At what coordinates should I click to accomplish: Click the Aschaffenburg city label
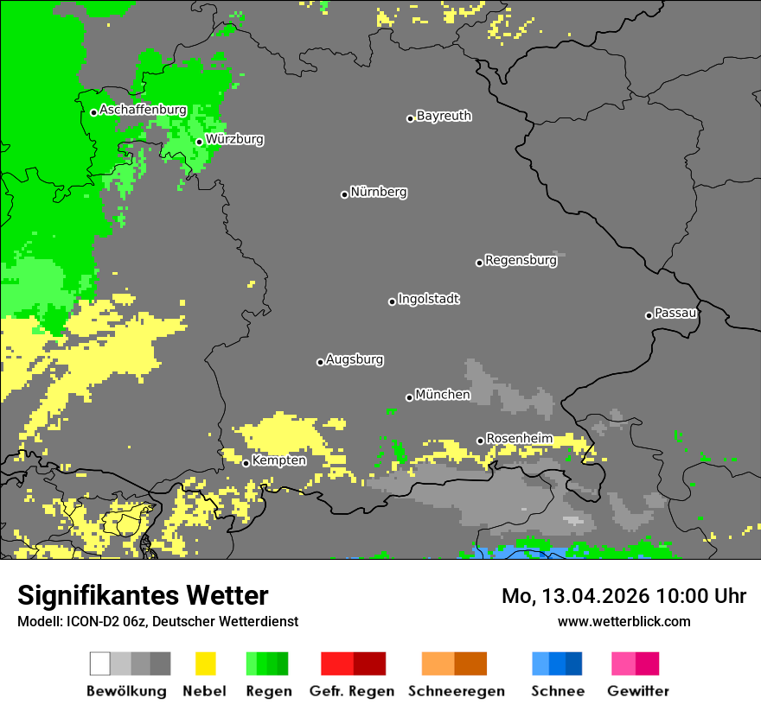(143, 111)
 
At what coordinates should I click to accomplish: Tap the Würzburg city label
(234, 139)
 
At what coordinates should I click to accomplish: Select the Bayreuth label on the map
(444, 116)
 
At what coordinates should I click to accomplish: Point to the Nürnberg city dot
(344, 194)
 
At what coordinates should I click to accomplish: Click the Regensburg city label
(521, 260)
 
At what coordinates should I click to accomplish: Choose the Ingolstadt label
(428, 299)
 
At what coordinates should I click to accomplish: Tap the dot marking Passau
(649, 315)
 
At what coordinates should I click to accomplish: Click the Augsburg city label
(355, 359)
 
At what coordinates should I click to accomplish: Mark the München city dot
(409, 397)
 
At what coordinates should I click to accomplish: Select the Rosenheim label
(519, 439)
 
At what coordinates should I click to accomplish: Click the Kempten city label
(278, 460)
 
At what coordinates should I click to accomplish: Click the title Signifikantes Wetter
(143, 595)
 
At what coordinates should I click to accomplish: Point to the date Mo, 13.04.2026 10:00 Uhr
(624, 596)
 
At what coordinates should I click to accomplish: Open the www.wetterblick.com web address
(624, 621)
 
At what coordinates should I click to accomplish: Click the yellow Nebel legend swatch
(205, 663)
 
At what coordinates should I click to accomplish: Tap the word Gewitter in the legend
(638, 691)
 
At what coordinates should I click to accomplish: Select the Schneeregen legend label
(455, 691)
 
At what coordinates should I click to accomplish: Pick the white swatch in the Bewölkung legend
(99, 663)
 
